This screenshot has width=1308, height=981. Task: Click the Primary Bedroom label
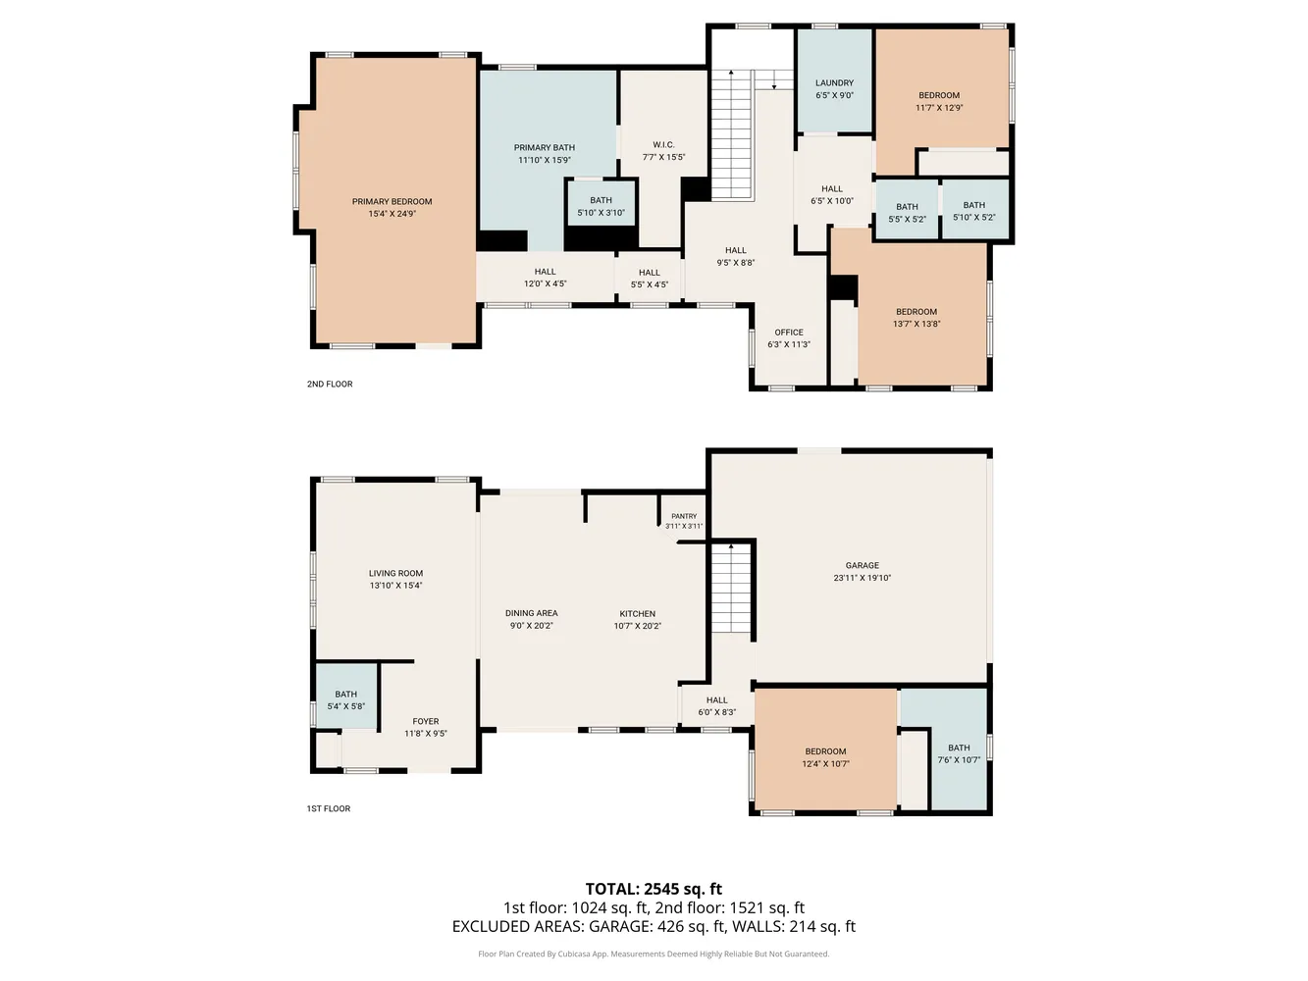pos(392,202)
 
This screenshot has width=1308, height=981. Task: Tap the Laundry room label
pos(834,83)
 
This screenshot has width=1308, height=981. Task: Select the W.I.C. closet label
pos(663,145)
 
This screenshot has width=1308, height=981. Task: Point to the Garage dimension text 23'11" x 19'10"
pos(862,579)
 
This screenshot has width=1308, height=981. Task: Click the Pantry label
pos(684,516)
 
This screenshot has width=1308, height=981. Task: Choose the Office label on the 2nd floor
pos(789,333)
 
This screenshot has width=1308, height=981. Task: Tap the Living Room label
pos(395,574)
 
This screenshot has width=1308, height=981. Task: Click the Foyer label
pos(426,722)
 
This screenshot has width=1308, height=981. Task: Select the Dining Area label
pos(531,614)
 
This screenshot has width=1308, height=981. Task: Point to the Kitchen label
pos(637,614)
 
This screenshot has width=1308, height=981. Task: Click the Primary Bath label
pos(545,148)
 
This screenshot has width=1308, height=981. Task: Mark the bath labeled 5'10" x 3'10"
pos(601,206)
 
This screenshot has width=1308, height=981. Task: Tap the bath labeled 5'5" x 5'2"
pos(907,213)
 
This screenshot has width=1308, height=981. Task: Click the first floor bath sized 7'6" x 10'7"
pos(959,753)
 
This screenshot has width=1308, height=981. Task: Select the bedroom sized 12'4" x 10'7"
pos(825,757)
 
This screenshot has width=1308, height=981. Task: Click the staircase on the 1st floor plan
pos(730,589)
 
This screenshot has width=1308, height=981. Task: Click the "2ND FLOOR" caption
pos(330,385)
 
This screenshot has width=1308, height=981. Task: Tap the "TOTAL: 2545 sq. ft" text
pos(654,890)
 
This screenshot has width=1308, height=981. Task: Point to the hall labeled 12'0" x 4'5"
pos(545,278)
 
